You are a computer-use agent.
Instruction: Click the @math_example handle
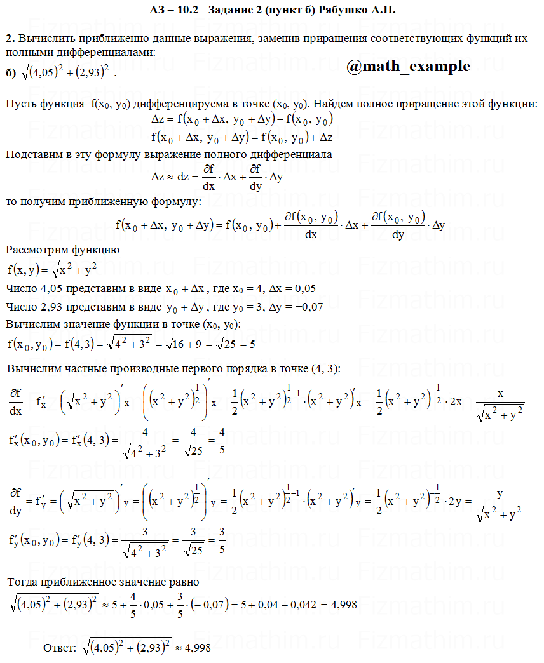click(409, 67)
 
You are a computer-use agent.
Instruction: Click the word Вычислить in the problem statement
click(44, 39)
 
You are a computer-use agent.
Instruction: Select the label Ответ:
click(59, 648)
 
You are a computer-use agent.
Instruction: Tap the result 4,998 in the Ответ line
click(198, 648)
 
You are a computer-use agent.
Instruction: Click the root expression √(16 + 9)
click(188, 345)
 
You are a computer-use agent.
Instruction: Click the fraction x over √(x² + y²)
click(500, 403)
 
